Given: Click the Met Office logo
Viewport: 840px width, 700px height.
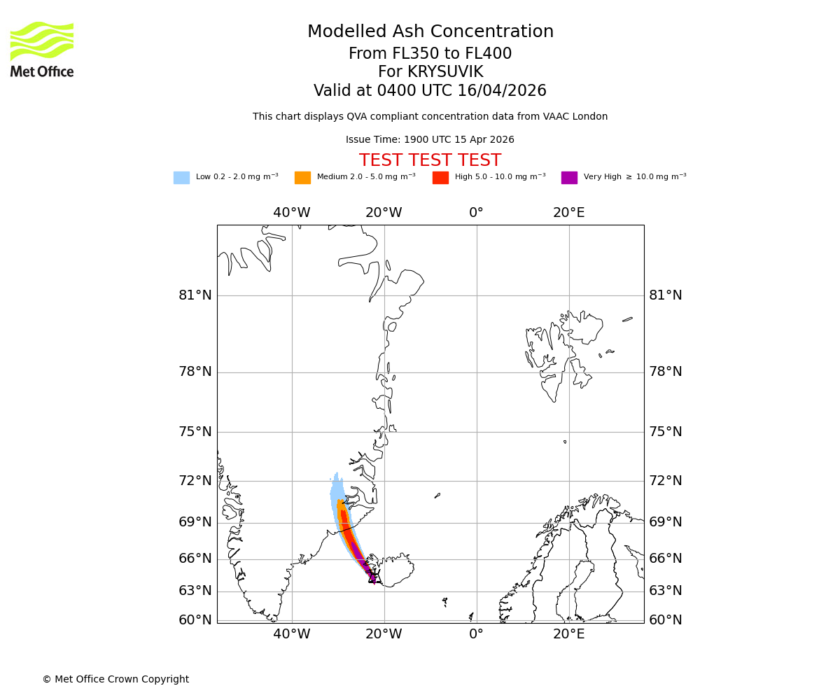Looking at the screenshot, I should (x=42, y=49).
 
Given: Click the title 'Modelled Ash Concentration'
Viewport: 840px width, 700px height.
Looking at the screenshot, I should (x=430, y=32).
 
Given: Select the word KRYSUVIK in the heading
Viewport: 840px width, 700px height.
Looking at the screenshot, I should (x=445, y=72).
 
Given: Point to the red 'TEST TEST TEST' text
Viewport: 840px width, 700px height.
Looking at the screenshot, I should (x=430, y=161).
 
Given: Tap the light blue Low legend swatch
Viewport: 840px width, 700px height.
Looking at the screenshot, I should (x=181, y=178).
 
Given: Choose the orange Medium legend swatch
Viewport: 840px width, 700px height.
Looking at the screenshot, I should (x=302, y=178).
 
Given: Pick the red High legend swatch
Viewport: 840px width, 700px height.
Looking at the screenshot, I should (x=440, y=178).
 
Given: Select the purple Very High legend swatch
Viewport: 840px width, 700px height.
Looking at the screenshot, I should (x=569, y=178).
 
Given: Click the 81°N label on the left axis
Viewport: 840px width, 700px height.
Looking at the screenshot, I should (x=195, y=295).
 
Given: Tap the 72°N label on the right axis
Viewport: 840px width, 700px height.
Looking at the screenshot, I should (x=666, y=481).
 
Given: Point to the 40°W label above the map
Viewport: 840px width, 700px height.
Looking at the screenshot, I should (x=292, y=213).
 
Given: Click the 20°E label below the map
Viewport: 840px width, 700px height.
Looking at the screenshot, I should (x=569, y=634).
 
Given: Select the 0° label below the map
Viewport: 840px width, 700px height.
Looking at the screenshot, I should (x=476, y=634).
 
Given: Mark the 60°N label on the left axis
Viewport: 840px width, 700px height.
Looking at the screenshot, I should (x=195, y=620).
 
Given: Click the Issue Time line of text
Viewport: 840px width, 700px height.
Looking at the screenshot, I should (x=430, y=140).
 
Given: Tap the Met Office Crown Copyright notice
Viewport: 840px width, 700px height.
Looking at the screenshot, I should (x=115, y=680).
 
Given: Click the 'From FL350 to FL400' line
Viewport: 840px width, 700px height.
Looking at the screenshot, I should (x=430, y=54).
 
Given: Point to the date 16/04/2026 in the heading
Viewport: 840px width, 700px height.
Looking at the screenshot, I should (x=502, y=91).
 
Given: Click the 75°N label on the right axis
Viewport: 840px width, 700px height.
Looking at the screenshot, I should (x=666, y=432).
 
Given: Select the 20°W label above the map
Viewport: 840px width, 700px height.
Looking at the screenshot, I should (x=384, y=213).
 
